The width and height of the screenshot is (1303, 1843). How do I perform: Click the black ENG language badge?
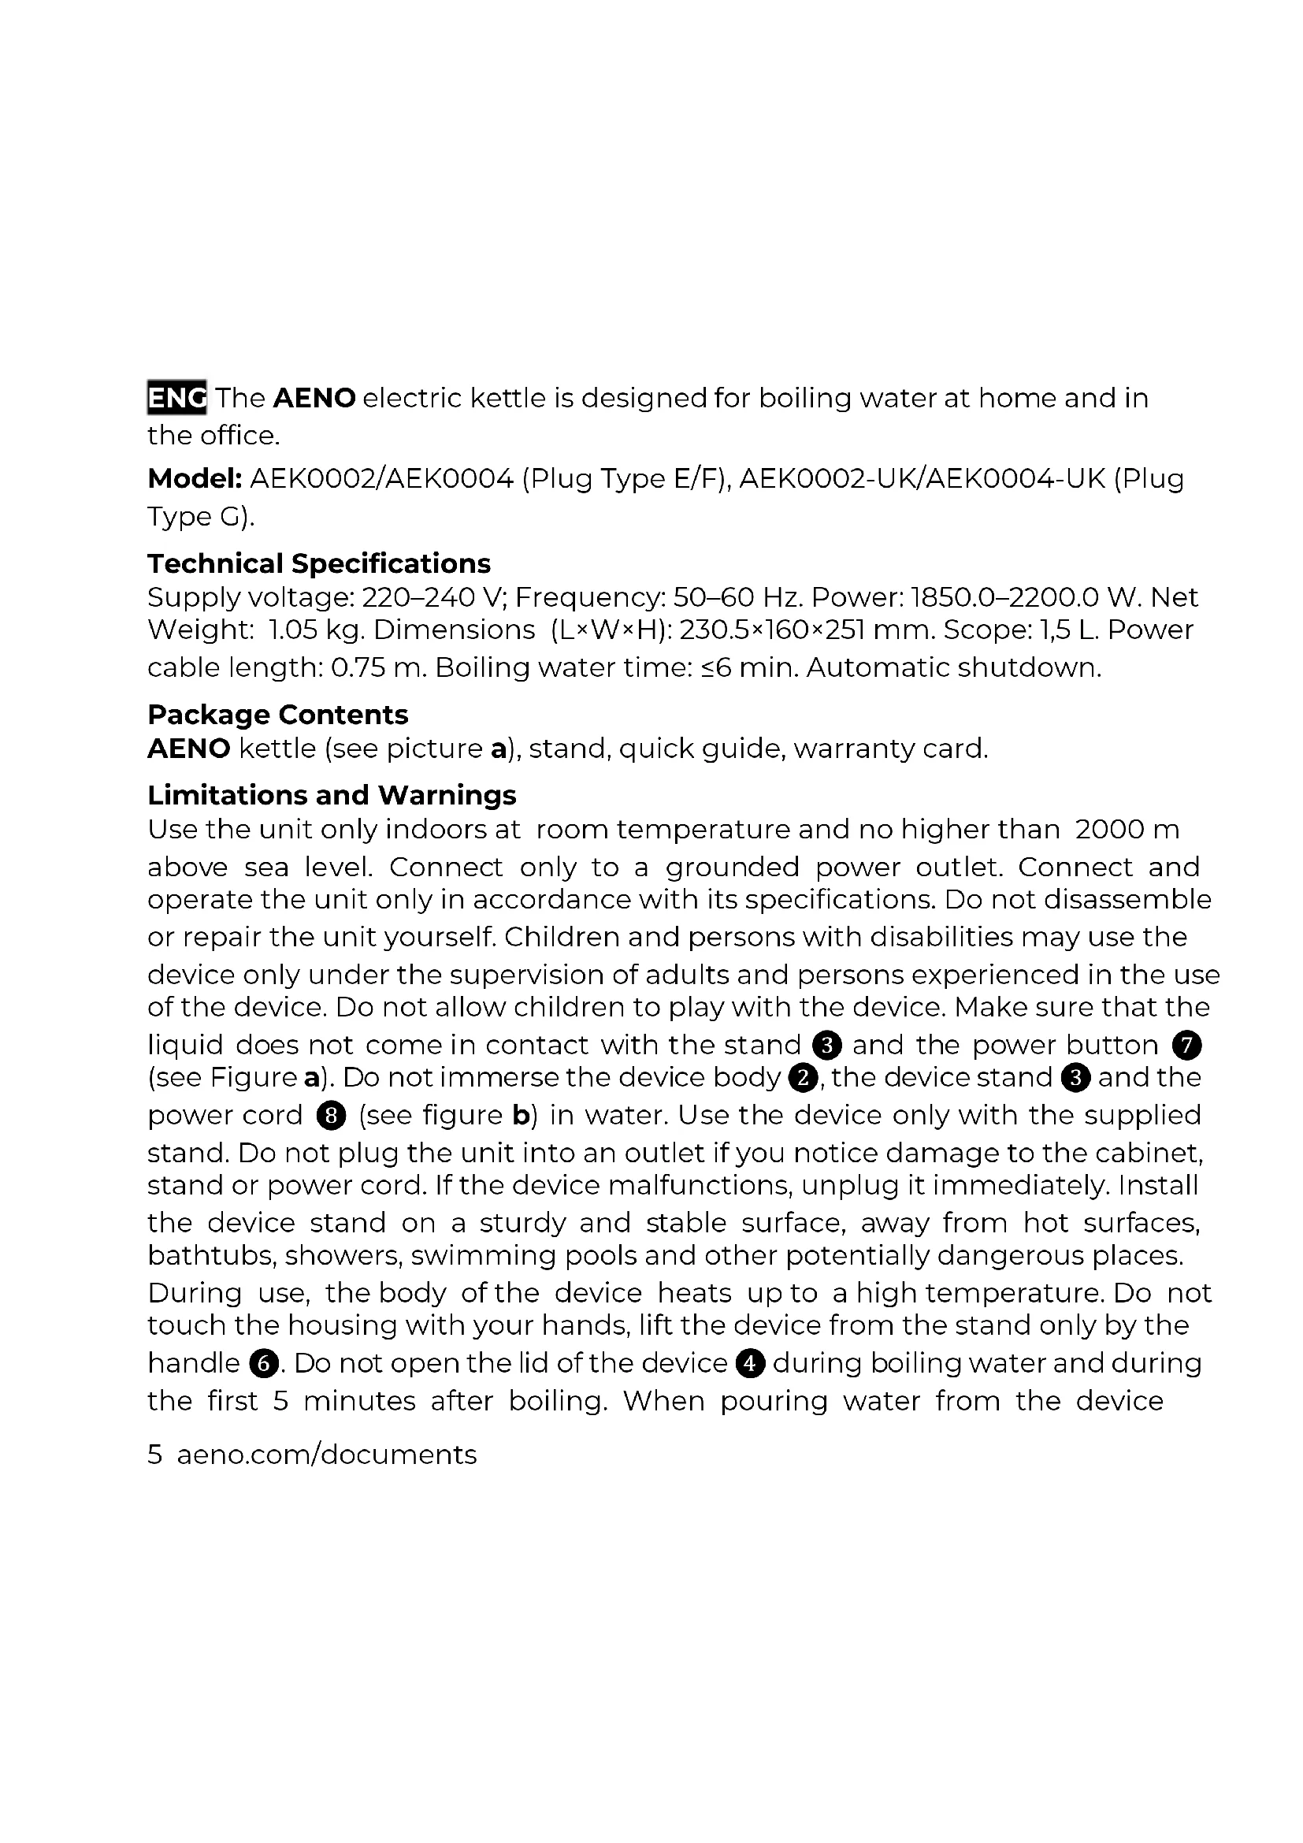pos(176,397)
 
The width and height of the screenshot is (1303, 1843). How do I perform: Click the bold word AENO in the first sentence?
pos(314,398)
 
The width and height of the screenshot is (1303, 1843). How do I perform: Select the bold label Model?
pos(195,479)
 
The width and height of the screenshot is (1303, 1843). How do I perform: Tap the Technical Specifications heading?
pos(318,563)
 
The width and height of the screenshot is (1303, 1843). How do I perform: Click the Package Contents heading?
pos(277,715)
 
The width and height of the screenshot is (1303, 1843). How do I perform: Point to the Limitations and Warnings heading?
pos(332,795)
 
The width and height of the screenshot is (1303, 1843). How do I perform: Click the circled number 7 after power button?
pos(1186,1045)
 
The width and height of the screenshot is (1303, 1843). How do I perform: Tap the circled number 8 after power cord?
pos(331,1116)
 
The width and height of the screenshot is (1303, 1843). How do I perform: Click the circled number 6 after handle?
pos(263,1363)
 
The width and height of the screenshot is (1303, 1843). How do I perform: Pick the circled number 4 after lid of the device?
pos(749,1363)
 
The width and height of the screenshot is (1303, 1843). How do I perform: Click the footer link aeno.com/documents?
pos(327,1455)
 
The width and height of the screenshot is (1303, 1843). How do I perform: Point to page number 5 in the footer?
pos(155,1455)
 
